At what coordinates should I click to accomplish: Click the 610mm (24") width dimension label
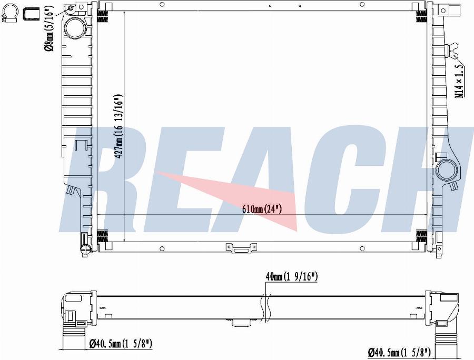(262, 209)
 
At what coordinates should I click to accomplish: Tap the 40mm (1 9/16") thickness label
(291, 277)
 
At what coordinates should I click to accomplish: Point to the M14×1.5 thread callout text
(459, 81)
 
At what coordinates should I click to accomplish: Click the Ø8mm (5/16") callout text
(50, 27)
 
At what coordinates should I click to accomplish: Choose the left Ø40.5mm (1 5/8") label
(121, 343)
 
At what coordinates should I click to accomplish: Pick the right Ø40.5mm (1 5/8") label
(399, 352)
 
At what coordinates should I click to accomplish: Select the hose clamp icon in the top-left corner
(10, 14)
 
